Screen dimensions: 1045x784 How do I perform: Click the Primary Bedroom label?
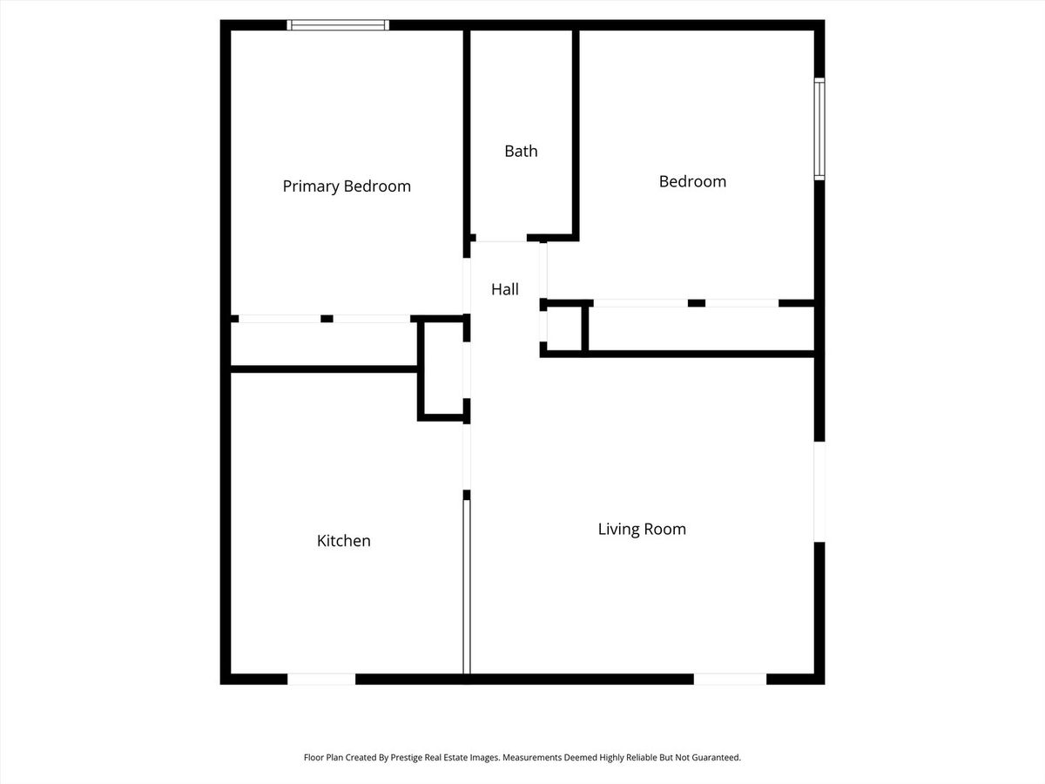click(347, 186)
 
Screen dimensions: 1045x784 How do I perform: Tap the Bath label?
click(521, 151)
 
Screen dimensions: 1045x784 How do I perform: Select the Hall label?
click(504, 289)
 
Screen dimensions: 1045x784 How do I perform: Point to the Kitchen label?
click(343, 540)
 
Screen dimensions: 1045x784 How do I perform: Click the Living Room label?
click(642, 529)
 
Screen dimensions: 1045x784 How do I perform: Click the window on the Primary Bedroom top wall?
click(338, 24)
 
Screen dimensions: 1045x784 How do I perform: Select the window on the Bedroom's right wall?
click(819, 129)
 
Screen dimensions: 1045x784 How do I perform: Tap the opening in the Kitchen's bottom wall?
click(321, 679)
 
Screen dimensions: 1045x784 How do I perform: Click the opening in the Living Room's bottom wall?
click(730, 679)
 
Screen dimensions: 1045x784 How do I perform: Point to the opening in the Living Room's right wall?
click(819, 491)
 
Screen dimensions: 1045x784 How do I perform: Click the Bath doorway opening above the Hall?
click(501, 238)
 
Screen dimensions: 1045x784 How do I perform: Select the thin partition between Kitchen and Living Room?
click(467, 586)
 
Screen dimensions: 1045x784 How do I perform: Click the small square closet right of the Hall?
click(564, 328)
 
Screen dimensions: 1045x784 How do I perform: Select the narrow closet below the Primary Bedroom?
click(324, 344)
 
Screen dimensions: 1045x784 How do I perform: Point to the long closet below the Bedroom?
click(701, 328)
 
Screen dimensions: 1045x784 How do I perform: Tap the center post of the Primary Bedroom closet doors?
click(327, 319)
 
